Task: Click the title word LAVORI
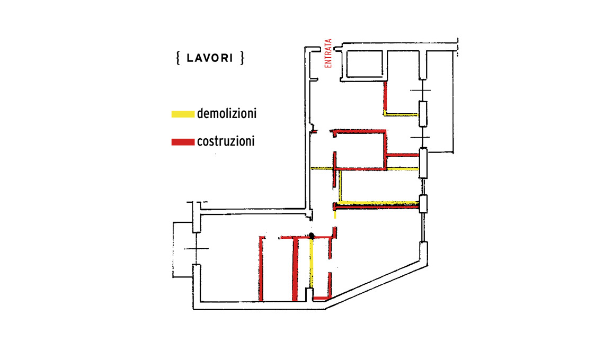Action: (x=210, y=58)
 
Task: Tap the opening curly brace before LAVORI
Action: (x=178, y=58)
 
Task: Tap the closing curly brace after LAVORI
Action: (x=242, y=58)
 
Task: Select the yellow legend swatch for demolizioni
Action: (x=183, y=114)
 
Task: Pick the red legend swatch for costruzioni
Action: (x=183, y=142)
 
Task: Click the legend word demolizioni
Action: (x=227, y=114)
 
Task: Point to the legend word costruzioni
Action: (x=226, y=141)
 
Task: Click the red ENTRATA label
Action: (x=328, y=53)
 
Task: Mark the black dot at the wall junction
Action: (x=312, y=236)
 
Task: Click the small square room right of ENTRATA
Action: (x=364, y=64)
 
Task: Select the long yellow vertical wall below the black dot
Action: (x=312, y=264)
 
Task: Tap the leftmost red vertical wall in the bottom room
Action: (x=261, y=268)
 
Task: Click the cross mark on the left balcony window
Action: (x=197, y=249)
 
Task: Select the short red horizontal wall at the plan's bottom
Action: (x=322, y=298)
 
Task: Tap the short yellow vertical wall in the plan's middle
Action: (x=340, y=186)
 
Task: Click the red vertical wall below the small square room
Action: (x=385, y=96)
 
